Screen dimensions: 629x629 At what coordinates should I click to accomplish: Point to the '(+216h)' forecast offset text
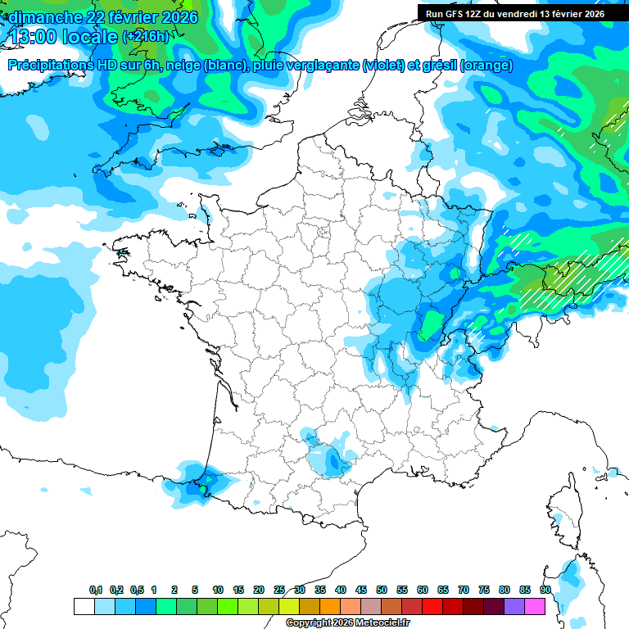(145, 36)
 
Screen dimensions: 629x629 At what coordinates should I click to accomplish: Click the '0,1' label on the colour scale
(96, 591)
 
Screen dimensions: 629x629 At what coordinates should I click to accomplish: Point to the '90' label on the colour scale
(545, 591)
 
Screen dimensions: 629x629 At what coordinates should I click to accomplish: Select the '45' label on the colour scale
(361, 591)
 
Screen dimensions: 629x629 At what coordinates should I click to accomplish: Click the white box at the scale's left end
(84, 607)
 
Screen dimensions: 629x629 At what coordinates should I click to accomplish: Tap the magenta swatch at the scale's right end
(535, 607)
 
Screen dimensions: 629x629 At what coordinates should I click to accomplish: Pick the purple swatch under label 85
(514, 607)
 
